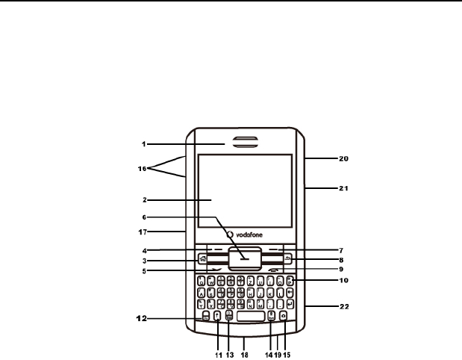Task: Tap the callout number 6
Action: (152, 218)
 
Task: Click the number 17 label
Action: (154, 232)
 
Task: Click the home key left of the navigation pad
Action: (202, 259)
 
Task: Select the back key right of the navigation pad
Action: (287, 259)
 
